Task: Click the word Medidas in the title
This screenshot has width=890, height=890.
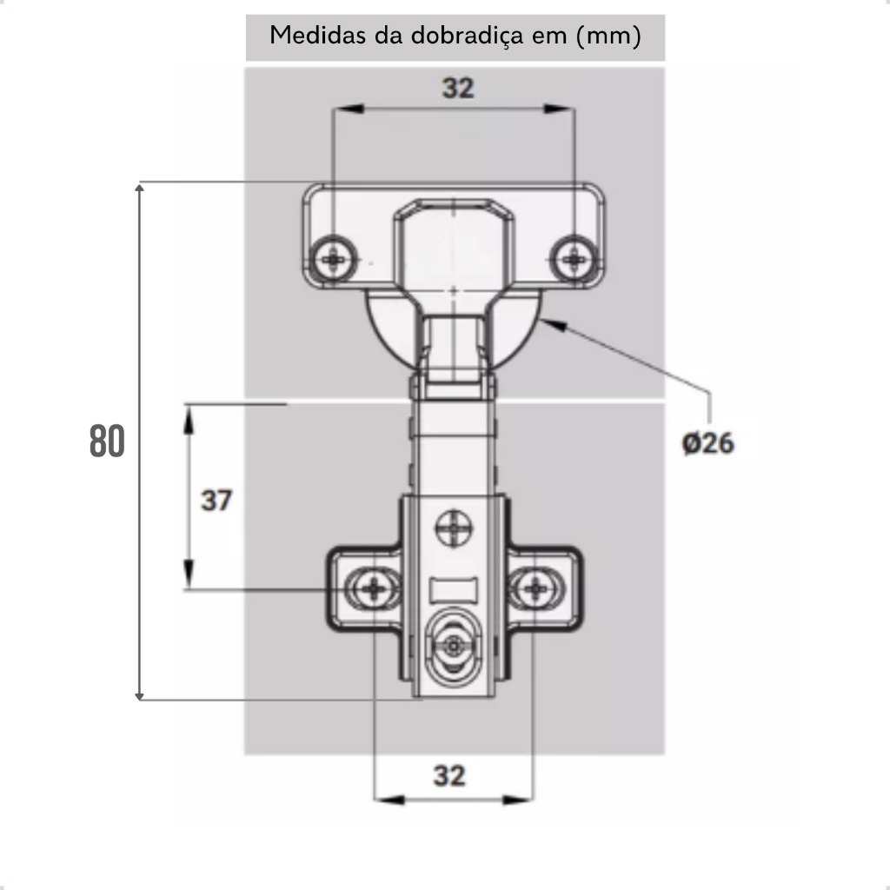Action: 317,35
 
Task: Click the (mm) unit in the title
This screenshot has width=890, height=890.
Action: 608,36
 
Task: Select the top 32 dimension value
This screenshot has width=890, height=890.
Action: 458,88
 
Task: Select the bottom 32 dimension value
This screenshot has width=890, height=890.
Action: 449,775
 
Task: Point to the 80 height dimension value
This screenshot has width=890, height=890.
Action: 107,441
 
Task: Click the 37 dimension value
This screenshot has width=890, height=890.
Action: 216,501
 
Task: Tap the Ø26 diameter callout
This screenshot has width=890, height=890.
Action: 707,442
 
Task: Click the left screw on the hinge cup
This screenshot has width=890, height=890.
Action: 334,259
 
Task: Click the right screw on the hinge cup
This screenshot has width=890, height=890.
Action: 575,259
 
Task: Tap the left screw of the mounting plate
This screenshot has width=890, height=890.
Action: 374,589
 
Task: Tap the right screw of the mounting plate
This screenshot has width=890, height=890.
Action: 535,589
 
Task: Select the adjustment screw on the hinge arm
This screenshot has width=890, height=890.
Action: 454,528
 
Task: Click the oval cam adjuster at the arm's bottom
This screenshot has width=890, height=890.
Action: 453,646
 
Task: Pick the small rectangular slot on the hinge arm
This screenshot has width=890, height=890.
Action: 454,590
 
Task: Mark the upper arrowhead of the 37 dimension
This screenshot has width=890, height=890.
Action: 189,420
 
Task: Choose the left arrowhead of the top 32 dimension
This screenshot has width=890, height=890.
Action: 349,109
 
